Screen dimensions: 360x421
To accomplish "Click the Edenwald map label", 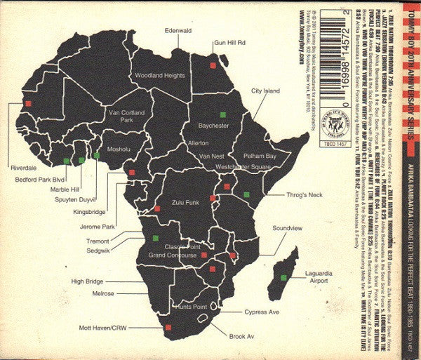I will click(x=177, y=30).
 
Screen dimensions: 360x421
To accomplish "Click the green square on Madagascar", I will click(x=284, y=278).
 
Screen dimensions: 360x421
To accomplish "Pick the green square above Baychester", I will click(x=222, y=114).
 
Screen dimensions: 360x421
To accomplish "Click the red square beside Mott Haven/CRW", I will click(x=168, y=327).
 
